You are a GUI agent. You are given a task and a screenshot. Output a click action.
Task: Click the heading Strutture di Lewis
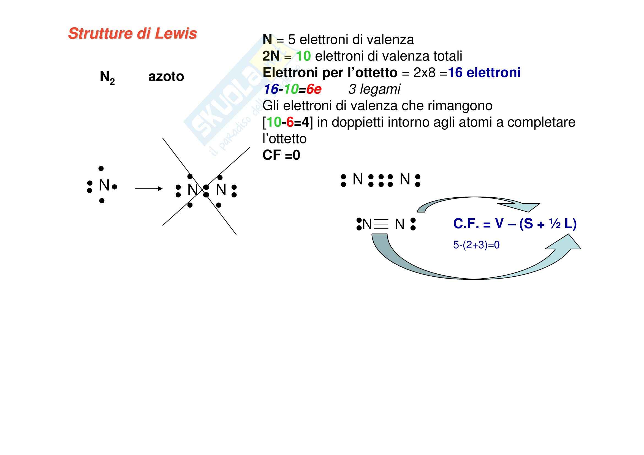132,34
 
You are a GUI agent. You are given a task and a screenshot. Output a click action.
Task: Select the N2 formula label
107,77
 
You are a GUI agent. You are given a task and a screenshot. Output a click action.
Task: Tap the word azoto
166,77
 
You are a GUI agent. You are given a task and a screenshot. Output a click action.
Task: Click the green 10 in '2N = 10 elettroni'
303,56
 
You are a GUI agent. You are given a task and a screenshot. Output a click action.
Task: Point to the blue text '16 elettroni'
484,73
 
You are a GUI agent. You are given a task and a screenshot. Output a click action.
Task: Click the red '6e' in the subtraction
314,89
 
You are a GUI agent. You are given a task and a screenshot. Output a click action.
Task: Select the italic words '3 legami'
374,89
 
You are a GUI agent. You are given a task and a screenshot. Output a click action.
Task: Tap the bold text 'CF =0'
281,155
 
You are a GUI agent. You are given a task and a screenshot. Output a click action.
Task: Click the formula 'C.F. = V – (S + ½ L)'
515,224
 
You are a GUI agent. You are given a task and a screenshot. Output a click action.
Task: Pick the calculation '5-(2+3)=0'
476,245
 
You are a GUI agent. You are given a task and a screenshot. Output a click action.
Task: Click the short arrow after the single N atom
148,189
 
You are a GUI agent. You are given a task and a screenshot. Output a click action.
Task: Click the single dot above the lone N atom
101,168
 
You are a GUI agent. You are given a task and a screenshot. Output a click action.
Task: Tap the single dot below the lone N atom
102,201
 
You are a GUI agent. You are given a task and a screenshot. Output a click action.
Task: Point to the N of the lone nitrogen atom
104,185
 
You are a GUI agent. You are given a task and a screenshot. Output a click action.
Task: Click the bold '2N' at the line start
271,56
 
